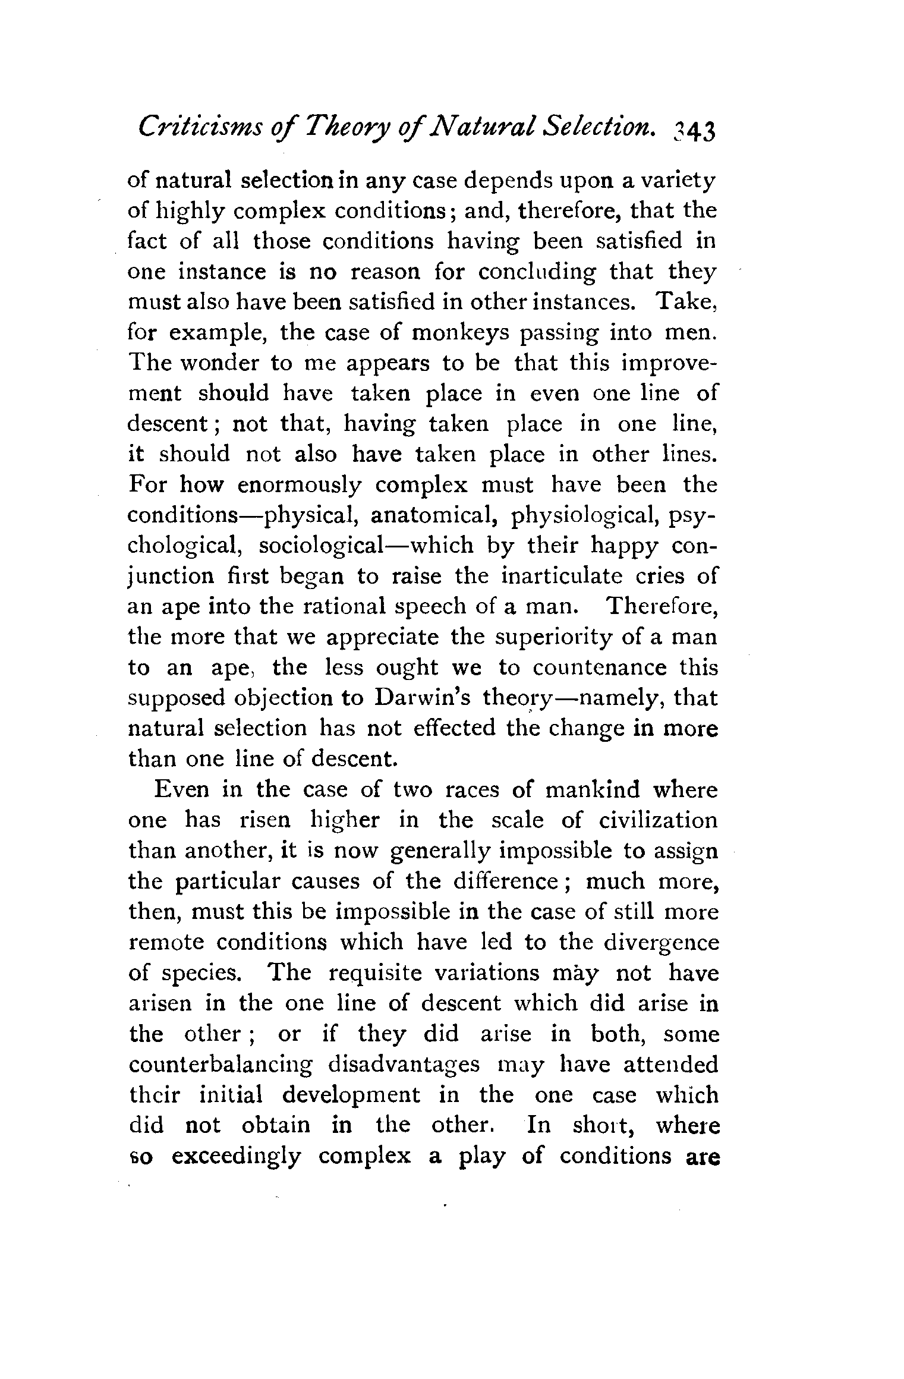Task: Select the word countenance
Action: (x=600, y=668)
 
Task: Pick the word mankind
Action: (x=592, y=790)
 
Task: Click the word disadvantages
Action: (x=404, y=1065)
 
